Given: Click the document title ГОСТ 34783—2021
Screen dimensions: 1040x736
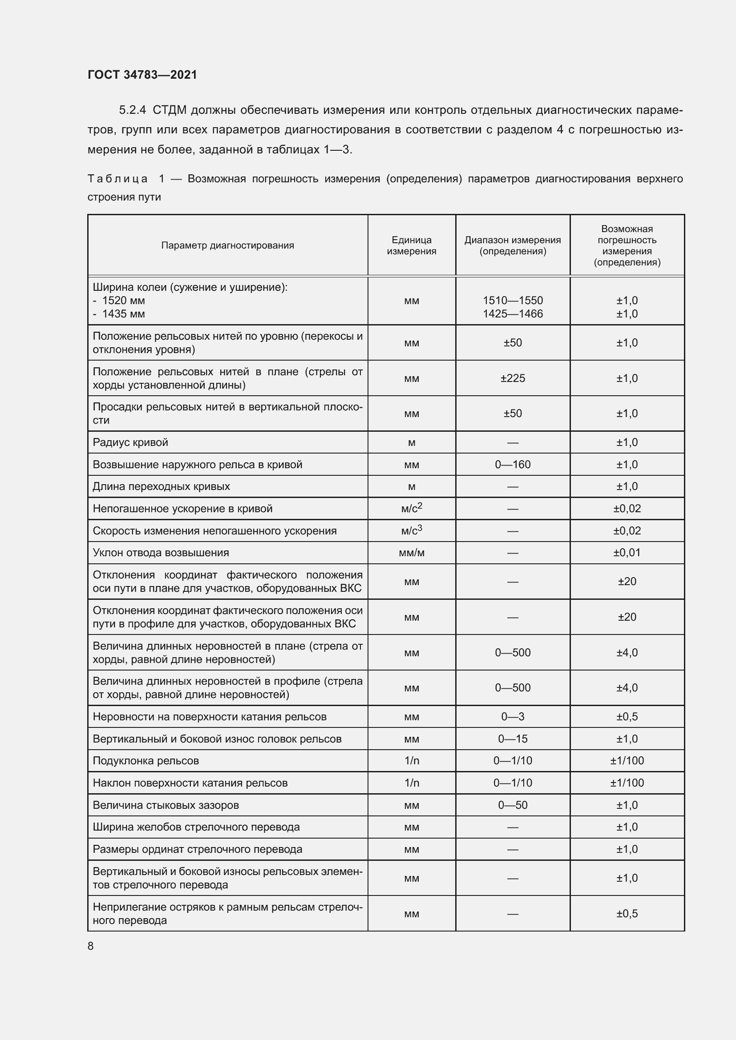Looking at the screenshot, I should [x=142, y=75].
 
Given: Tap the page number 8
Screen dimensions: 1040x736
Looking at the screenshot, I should [x=91, y=946].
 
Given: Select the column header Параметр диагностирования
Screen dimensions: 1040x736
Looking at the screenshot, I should [x=227, y=245].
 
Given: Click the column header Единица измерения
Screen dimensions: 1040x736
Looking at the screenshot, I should [x=412, y=245].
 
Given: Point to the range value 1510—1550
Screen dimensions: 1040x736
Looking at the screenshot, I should [x=513, y=300].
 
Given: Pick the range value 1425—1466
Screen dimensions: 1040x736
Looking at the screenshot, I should [x=513, y=313].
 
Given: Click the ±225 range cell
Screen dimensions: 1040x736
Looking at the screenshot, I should [x=513, y=378].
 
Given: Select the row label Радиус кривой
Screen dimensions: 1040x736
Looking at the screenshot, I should [x=130, y=442].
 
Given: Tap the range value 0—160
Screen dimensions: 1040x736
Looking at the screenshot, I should [x=513, y=464].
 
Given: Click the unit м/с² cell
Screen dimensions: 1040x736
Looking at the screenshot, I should [x=412, y=508].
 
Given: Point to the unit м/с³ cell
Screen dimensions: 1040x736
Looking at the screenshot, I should [x=412, y=530].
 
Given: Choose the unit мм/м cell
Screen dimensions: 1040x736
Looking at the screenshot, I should [x=412, y=553].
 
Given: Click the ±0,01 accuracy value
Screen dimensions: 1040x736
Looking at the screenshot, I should [x=627, y=553].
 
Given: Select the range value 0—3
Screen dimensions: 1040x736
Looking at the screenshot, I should [x=513, y=717].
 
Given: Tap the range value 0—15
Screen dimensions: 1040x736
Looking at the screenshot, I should [x=513, y=739].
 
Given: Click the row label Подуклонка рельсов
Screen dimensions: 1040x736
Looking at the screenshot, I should [x=146, y=760].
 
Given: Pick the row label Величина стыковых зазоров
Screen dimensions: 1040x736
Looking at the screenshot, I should [x=166, y=805].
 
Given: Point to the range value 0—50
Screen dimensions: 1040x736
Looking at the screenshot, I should [x=513, y=805].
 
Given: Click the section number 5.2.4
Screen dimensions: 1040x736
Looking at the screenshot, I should [x=132, y=110].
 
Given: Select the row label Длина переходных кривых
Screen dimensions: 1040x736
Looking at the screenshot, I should [x=162, y=486].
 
